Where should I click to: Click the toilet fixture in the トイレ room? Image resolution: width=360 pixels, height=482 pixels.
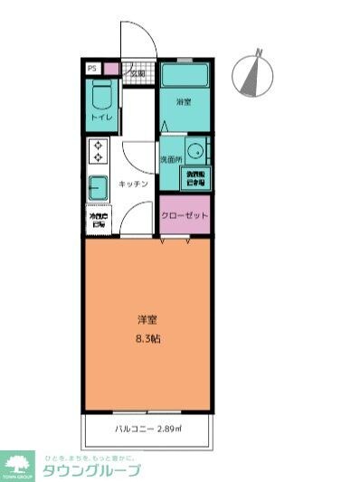pos(100,93)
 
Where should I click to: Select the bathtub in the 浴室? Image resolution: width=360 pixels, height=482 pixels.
pos(185,74)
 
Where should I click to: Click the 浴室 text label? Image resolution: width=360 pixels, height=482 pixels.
pos(185,102)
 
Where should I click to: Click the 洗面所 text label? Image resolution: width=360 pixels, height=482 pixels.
pos(171,159)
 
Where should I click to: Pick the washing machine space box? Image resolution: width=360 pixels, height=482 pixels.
pos(195,176)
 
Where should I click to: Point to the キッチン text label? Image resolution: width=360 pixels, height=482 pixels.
pos(133,184)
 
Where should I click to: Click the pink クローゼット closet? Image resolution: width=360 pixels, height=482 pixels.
pos(185,215)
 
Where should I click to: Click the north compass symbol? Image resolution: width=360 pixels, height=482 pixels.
pos(253,73)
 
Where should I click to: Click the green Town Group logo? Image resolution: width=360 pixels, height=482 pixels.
pos(17,465)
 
